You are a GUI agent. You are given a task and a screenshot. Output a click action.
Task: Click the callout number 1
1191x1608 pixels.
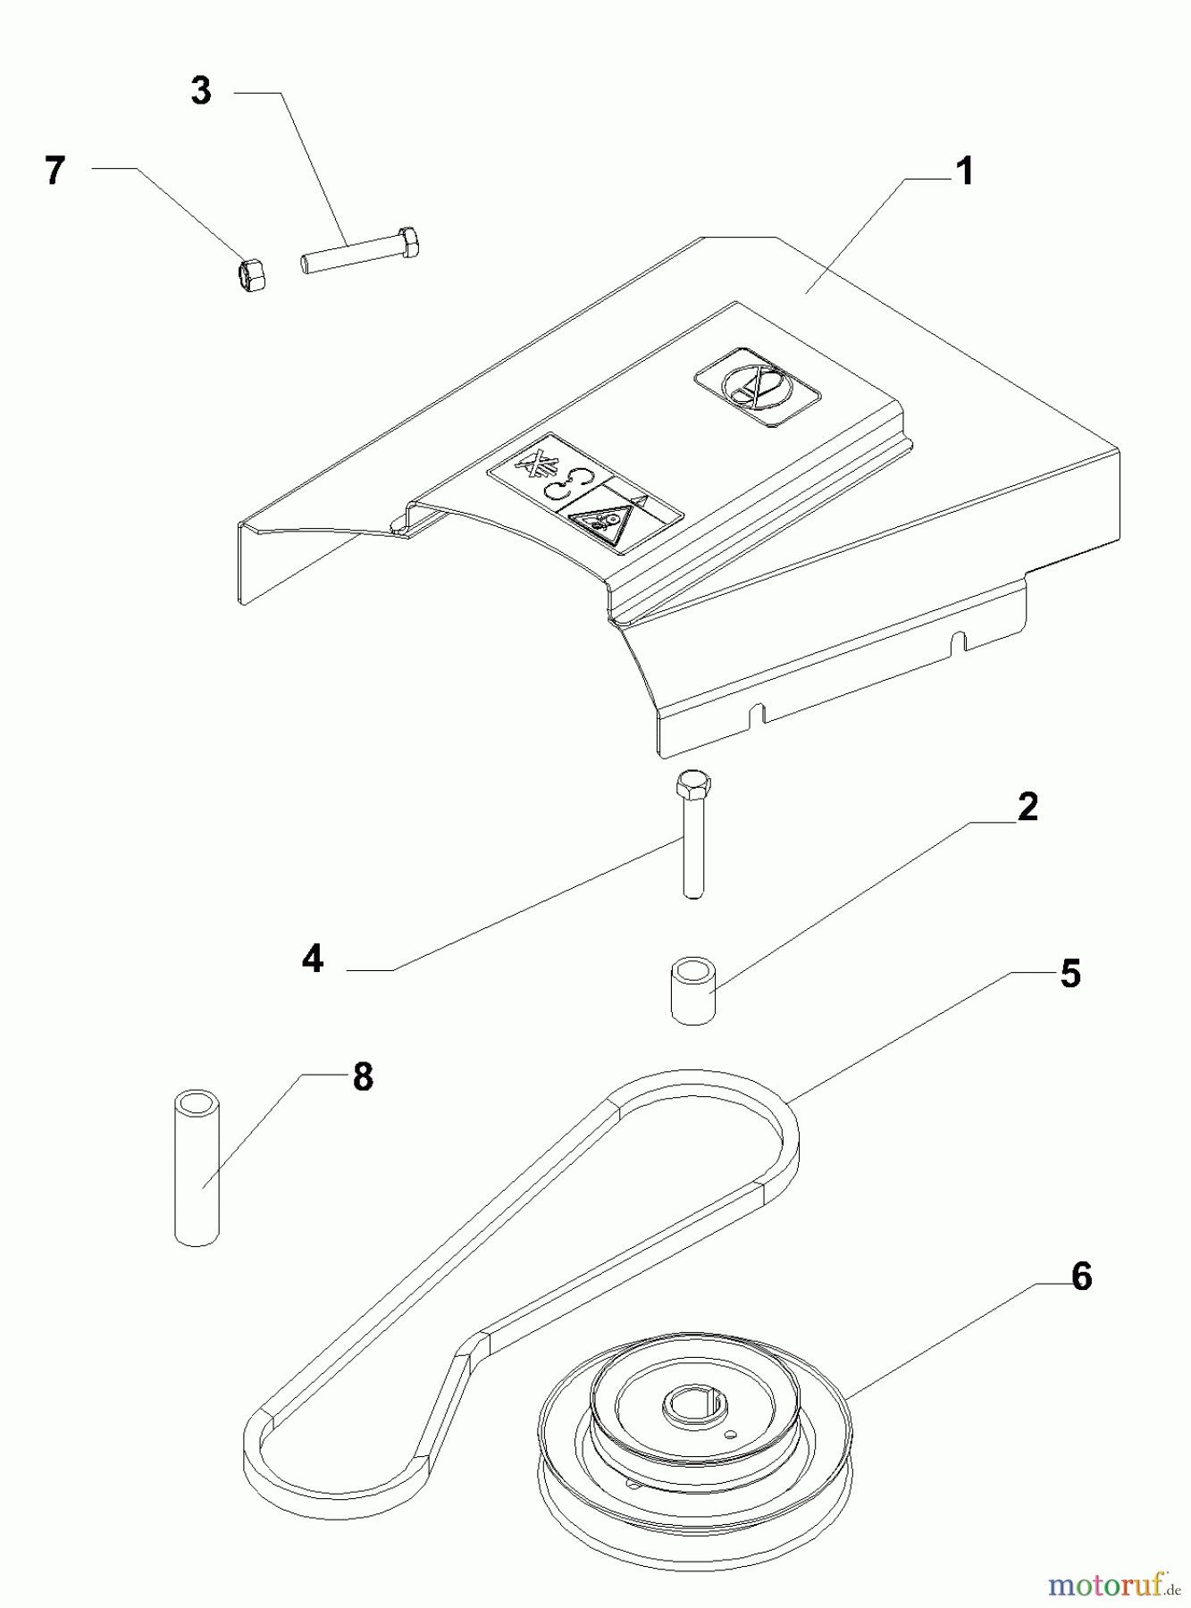pyautogui.click(x=964, y=171)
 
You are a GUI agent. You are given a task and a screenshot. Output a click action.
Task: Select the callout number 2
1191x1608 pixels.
pyautogui.click(x=1027, y=807)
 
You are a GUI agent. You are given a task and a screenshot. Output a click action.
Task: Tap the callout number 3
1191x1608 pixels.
pyautogui.click(x=201, y=90)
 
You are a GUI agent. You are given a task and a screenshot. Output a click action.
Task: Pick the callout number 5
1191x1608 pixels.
pyautogui.click(x=1070, y=973)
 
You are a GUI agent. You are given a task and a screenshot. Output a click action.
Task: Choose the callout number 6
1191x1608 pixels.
pyautogui.click(x=1081, y=1277)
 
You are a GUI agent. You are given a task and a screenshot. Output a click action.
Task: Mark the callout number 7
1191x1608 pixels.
pyautogui.click(x=55, y=170)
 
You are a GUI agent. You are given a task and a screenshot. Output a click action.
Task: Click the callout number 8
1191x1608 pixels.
pyautogui.click(x=363, y=1076)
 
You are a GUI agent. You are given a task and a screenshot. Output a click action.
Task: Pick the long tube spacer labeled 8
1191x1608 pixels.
pyautogui.click(x=197, y=1167)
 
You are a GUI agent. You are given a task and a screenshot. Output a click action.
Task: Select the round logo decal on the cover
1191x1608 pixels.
pyautogui.click(x=756, y=386)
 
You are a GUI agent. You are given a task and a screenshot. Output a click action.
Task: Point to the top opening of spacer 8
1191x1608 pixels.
pyautogui.click(x=197, y=1099)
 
